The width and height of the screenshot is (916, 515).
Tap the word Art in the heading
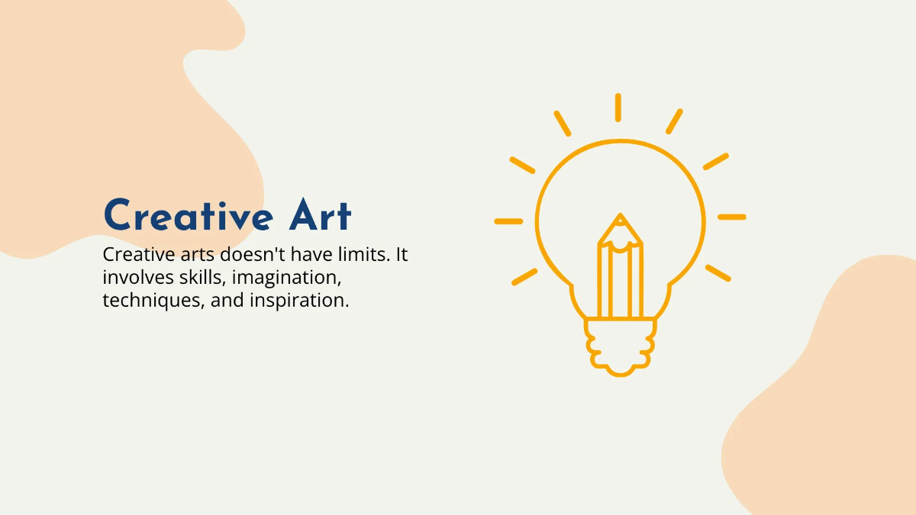[320, 216]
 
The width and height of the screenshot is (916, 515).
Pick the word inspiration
[299, 301]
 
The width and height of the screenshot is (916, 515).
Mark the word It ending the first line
[402, 254]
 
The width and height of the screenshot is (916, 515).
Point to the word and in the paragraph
[227, 300]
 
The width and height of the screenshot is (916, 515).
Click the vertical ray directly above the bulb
[618, 107]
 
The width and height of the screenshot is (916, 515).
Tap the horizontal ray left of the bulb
[508, 221]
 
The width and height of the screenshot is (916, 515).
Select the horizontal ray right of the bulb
[731, 217]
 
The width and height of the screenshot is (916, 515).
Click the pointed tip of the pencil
[620, 219]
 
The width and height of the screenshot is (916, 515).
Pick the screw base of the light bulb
[620, 347]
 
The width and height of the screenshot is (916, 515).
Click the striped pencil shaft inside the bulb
[620, 282]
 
